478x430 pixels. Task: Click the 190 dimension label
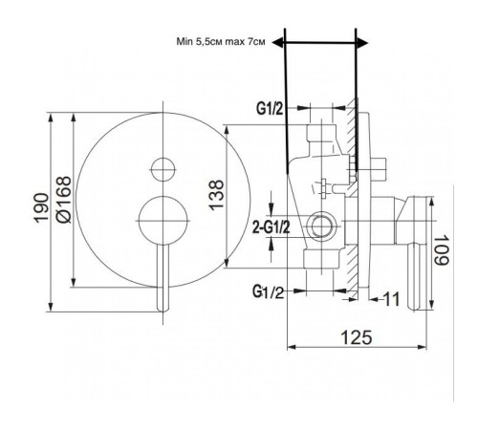(41, 207)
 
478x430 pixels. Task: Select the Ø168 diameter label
(63, 200)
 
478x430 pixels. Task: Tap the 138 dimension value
(217, 195)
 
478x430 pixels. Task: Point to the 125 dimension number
(357, 337)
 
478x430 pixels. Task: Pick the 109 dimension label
(442, 250)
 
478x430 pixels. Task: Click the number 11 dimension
(391, 299)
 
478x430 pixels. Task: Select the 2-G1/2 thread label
(272, 227)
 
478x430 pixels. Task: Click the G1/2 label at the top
(270, 109)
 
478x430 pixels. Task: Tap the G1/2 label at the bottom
(268, 291)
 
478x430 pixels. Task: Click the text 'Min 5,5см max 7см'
(221, 42)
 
